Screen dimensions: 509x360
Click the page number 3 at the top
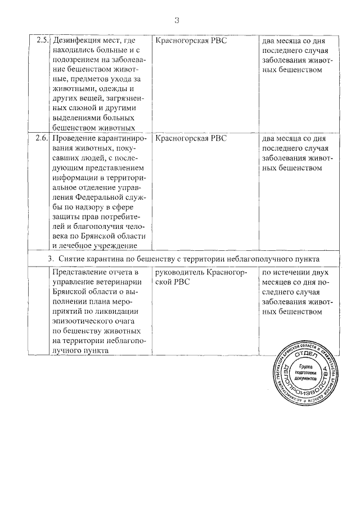[177, 21]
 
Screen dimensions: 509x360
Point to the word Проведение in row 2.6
[76, 138]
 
